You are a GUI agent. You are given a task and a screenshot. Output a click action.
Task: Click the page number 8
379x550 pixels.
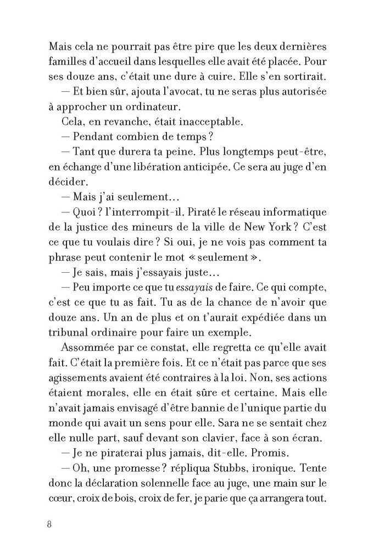point(49,523)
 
